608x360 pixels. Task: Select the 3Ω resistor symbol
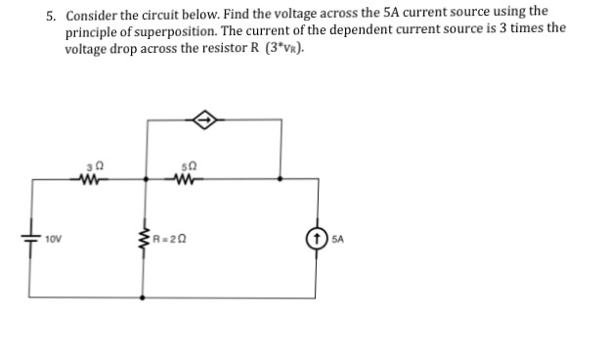pos(91,179)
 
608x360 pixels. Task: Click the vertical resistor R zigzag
pos(146,237)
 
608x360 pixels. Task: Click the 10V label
pos(53,238)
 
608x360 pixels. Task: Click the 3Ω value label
pos(91,165)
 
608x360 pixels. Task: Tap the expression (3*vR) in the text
pos(285,45)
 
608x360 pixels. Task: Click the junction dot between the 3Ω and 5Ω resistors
pos(146,179)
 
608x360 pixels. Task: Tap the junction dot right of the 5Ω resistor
pos(282,179)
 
